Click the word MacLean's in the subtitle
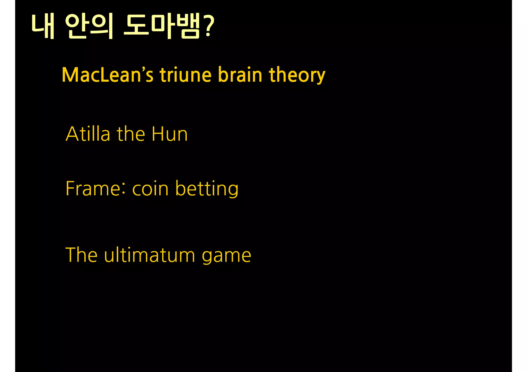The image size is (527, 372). point(107,75)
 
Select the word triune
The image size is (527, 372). point(189,75)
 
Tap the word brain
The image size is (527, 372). point(240,75)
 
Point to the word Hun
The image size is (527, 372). point(170,134)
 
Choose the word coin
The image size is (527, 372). point(150,188)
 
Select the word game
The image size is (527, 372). point(226,256)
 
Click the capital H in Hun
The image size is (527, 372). point(157,134)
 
